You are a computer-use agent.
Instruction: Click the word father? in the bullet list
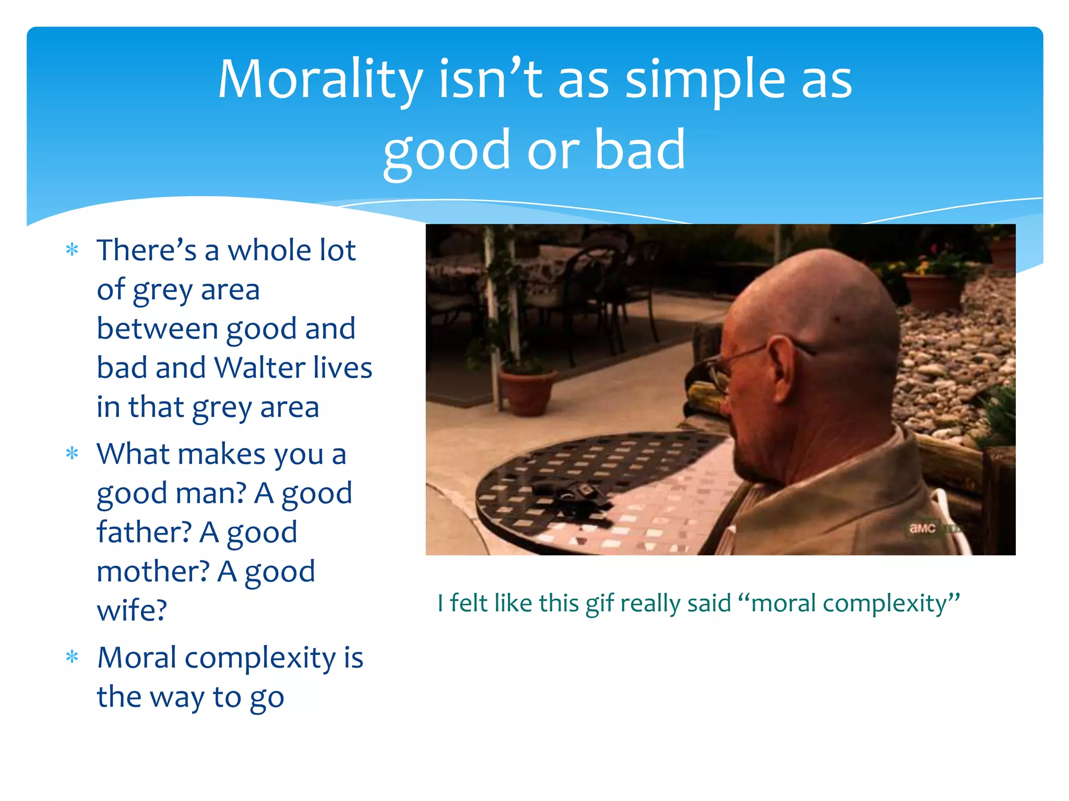[144, 532]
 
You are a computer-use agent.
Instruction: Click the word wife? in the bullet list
[132, 611]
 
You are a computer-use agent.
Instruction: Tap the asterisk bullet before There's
[72, 250]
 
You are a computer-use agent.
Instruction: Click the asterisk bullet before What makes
[72, 454]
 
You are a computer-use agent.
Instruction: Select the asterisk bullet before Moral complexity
[72, 658]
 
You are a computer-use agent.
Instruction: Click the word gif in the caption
[600, 604]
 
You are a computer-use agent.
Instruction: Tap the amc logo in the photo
[922, 528]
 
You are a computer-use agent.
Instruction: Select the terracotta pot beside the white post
[527, 391]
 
